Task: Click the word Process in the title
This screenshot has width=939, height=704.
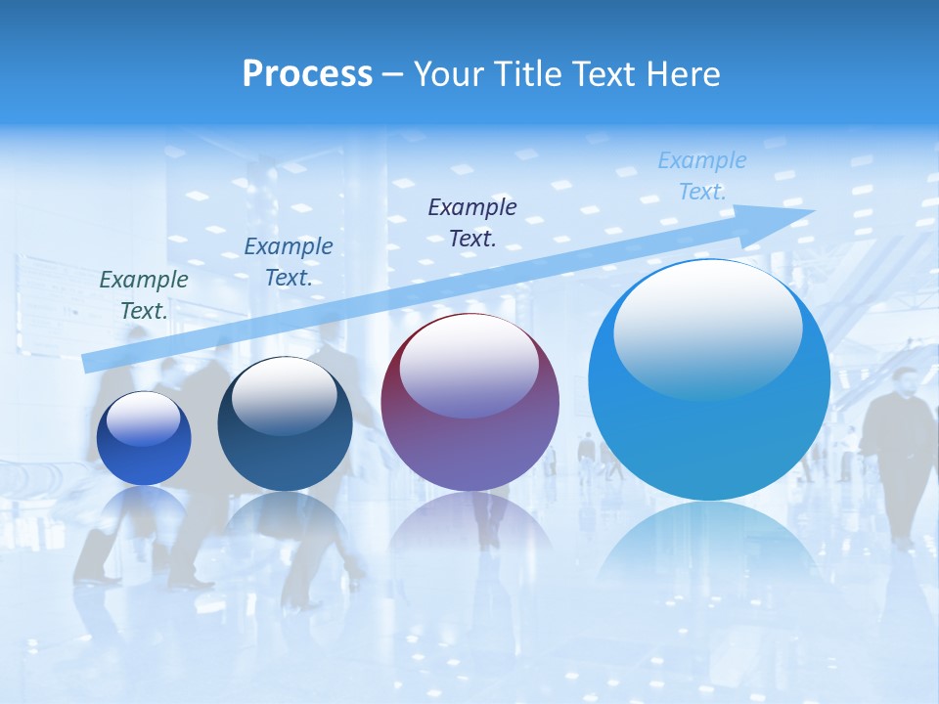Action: point(307,74)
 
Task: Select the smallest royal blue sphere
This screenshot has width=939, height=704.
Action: point(144,440)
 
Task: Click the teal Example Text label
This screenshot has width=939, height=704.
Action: point(144,294)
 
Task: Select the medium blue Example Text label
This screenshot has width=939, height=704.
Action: point(289,261)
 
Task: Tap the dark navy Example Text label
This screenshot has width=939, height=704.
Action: point(472,222)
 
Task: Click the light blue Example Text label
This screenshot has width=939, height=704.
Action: point(701,175)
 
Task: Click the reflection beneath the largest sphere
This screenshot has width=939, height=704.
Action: point(708,548)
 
